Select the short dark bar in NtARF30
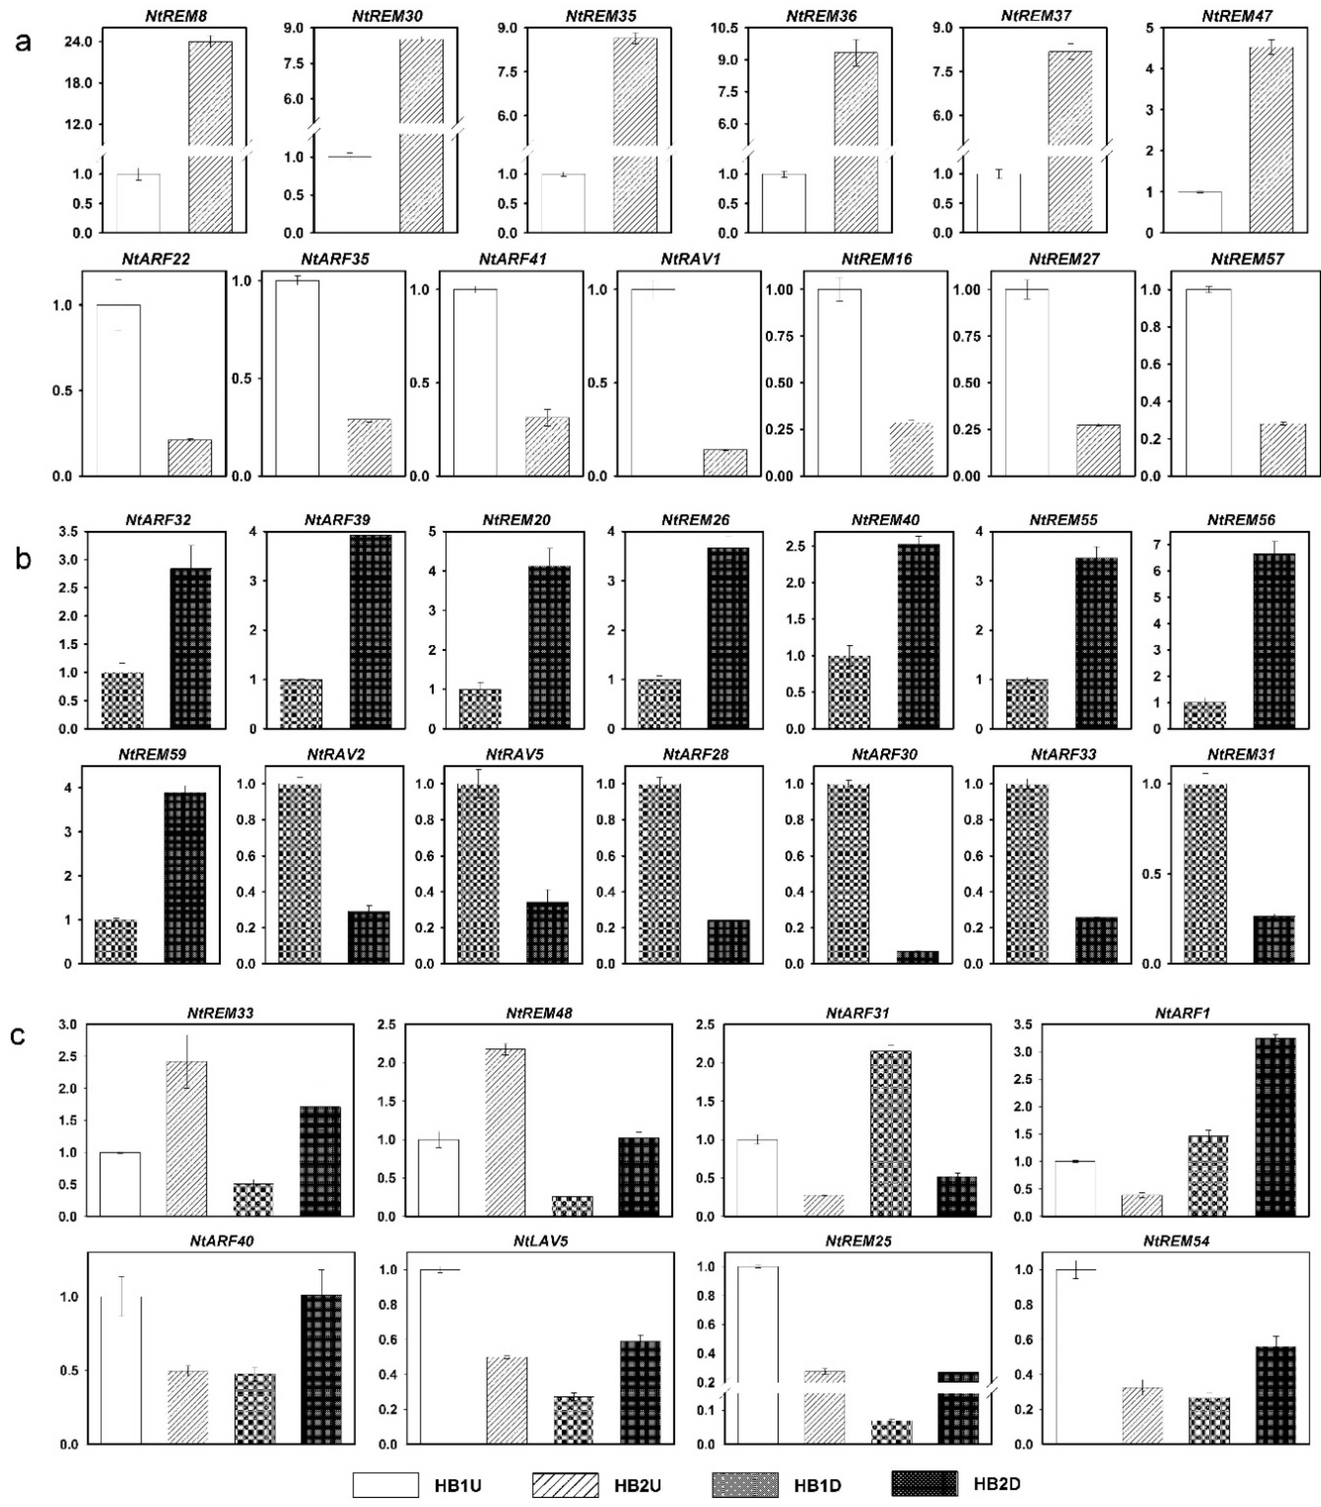917,957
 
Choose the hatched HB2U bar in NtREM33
186,1139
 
